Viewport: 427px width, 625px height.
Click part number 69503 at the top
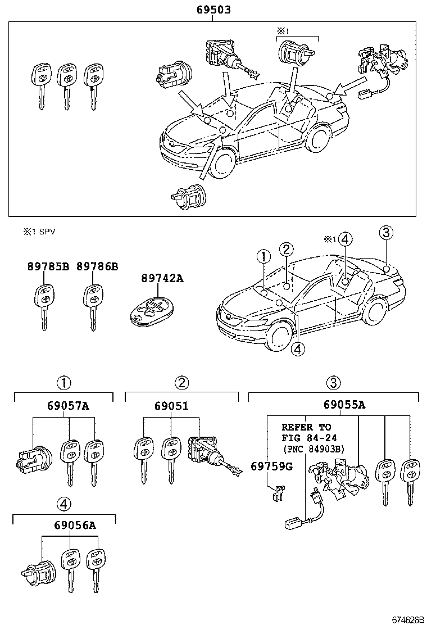coord(213,9)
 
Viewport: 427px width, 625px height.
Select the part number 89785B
coord(48,266)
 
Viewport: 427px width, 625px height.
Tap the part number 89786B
coord(98,266)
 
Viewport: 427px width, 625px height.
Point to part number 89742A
coord(162,278)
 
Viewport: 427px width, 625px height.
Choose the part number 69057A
coord(68,406)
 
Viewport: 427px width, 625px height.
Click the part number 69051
coord(172,406)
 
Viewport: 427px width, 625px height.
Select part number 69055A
coord(344,405)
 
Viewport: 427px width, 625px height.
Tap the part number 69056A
coord(75,525)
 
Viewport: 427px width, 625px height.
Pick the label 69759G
coord(272,466)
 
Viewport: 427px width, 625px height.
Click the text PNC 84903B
coord(316,449)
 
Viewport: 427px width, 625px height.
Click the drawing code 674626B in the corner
coord(407,619)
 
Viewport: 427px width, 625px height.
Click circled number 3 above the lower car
coord(386,232)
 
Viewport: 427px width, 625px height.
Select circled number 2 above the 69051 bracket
coord(181,383)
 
